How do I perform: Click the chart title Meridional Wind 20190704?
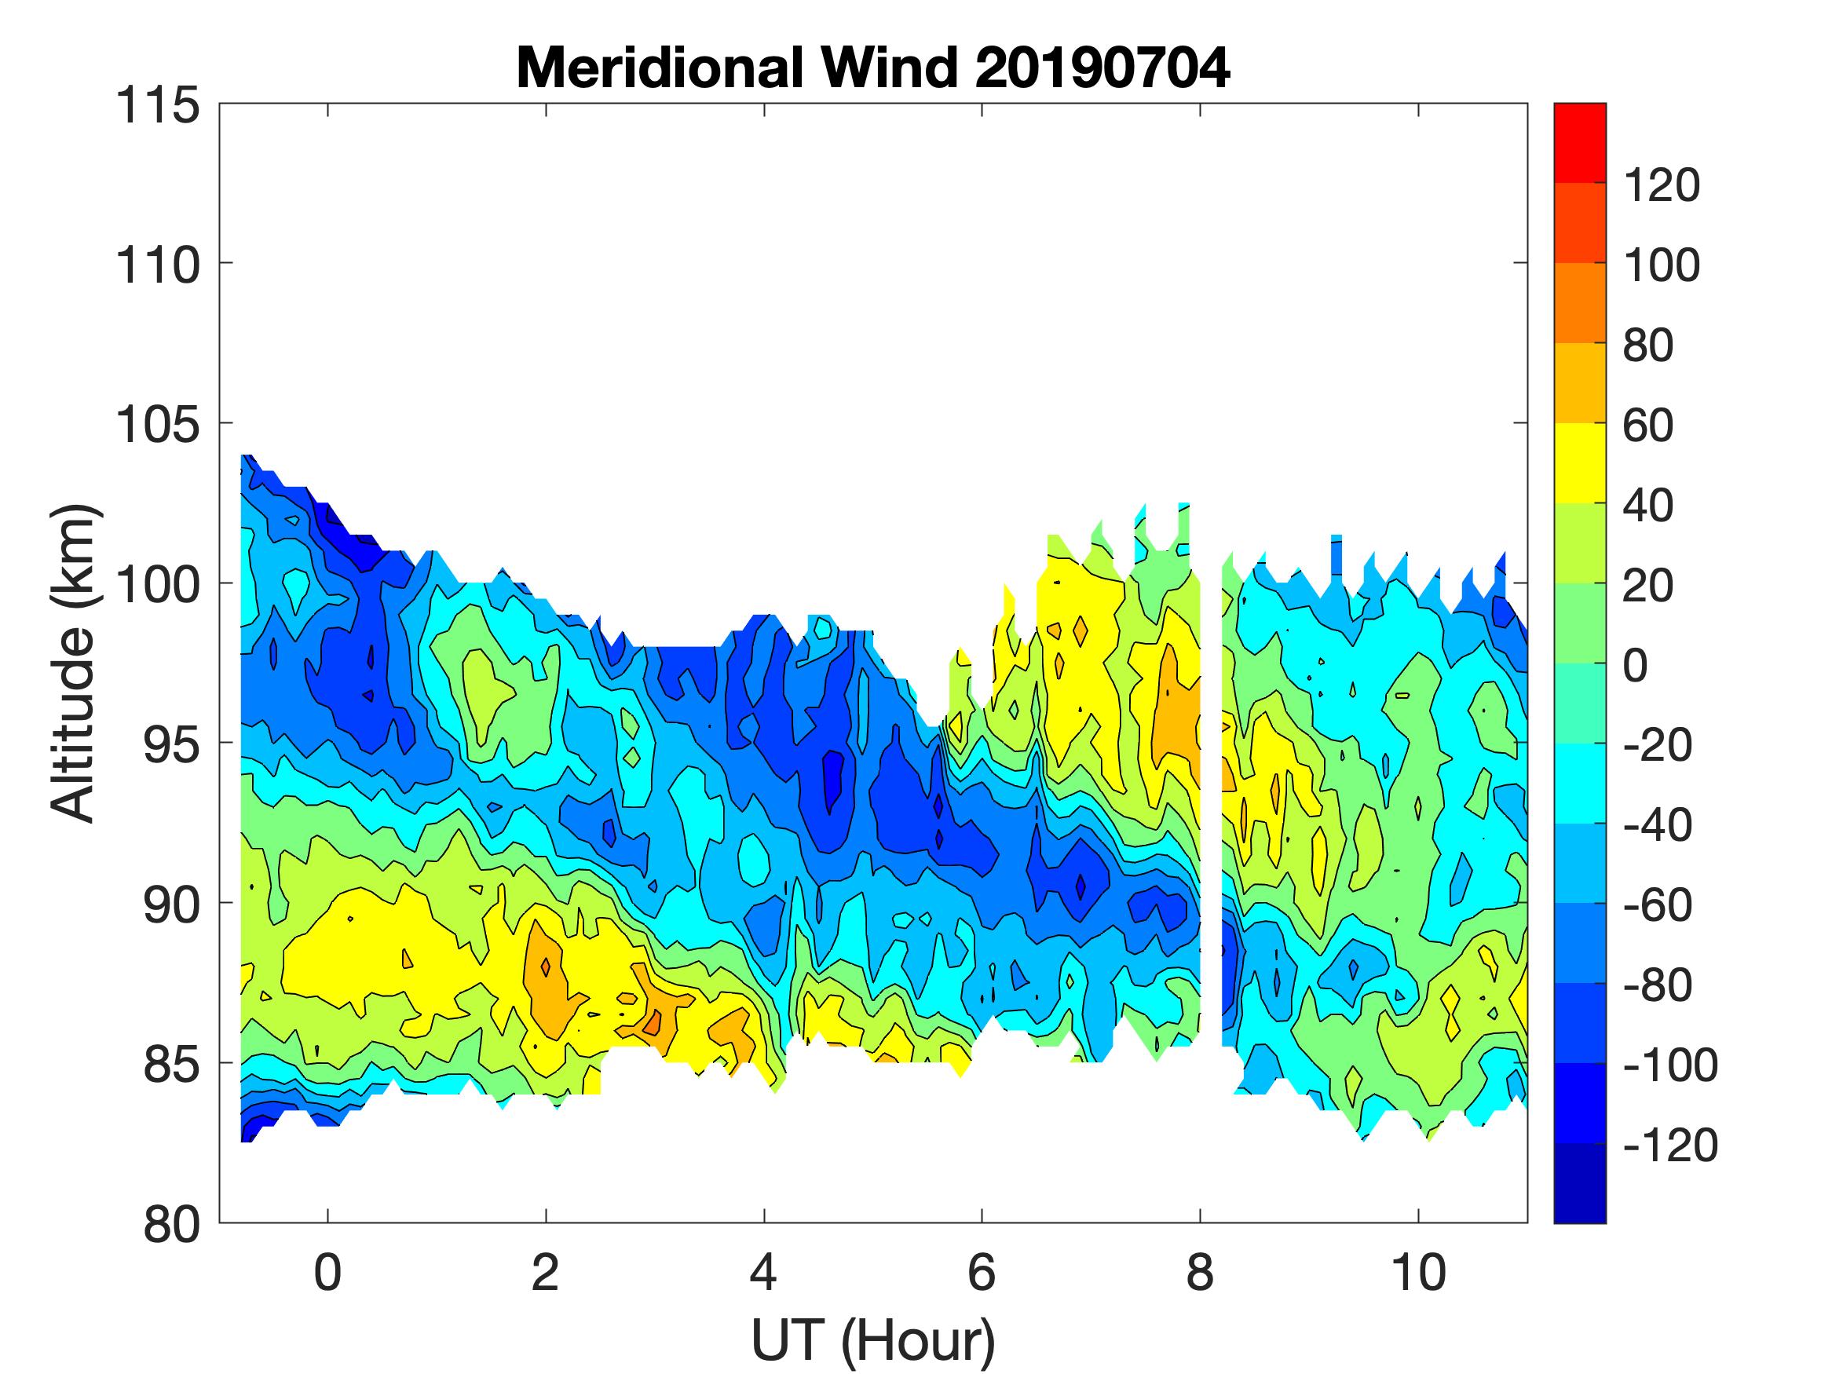[873, 68]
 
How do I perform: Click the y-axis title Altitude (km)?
[75, 664]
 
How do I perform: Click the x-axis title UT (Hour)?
[873, 1340]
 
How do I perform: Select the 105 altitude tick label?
[157, 426]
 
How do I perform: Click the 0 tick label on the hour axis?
[328, 1274]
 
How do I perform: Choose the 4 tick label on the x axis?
[763, 1274]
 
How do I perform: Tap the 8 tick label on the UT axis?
[1200, 1274]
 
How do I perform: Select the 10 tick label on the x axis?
[1419, 1274]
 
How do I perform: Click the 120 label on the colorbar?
[1662, 185]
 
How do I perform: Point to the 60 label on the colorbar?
[1648, 426]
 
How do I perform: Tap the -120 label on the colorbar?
[1669, 1146]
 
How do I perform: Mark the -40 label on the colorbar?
[1656, 826]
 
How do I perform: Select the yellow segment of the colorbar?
[1579, 463]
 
